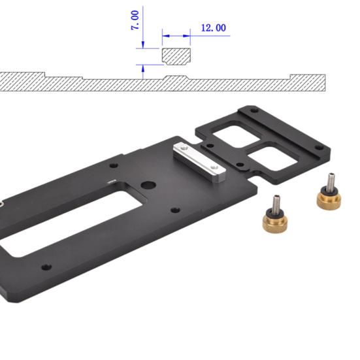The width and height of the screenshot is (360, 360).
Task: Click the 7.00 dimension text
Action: click(x=135, y=19)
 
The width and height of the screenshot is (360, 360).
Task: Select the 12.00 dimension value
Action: click(x=213, y=28)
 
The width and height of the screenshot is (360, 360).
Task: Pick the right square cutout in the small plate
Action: click(x=273, y=160)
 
